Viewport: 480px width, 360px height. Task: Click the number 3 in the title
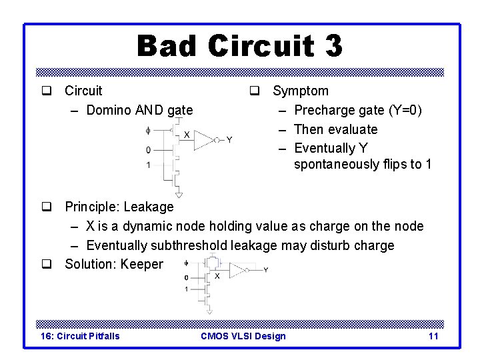coord(332,46)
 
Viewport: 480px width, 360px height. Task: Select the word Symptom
coord(301,91)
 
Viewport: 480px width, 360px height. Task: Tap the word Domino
coord(110,110)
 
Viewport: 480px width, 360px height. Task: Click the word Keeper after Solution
coord(142,264)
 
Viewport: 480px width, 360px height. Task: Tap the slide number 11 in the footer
coord(433,335)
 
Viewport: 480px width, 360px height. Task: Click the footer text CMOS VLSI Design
coord(243,335)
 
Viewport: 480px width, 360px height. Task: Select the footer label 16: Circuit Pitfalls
coord(81,335)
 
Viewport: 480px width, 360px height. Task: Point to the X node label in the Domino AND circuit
coord(187,135)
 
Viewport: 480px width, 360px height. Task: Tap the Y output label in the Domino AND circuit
coord(229,140)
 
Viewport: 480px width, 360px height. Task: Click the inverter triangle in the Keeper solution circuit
coord(238,269)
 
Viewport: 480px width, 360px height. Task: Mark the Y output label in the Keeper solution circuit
coord(266,269)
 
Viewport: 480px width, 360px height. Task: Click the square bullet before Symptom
coord(254,91)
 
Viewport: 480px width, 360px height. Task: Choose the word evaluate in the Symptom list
coord(353,129)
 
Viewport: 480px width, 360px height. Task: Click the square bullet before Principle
coord(47,207)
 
